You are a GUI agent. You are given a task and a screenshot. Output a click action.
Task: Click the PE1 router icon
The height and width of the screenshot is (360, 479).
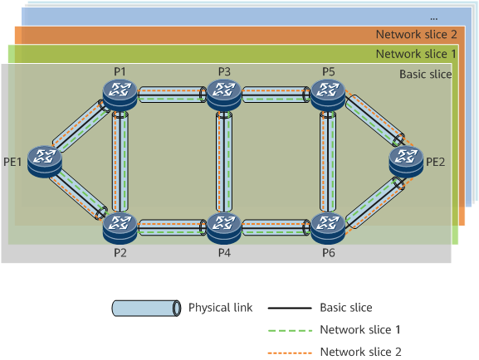[45, 162]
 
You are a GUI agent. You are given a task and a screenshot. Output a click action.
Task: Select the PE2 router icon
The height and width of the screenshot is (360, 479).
[406, 162]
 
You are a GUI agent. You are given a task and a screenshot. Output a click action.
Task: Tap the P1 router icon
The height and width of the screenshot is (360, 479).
[120, 95]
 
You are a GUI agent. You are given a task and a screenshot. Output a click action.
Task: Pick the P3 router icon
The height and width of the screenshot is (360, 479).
[224, 95]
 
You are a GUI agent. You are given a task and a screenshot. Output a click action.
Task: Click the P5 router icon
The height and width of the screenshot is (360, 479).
[328, 95]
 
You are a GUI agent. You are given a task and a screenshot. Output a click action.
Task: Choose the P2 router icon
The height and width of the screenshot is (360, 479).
[120, 228]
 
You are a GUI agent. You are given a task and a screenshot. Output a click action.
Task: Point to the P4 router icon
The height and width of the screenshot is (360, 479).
[224, 228]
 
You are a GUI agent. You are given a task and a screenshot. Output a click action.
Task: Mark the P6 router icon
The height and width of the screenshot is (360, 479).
[328, 228]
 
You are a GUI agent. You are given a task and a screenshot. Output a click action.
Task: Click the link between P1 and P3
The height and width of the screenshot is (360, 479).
[173, 95]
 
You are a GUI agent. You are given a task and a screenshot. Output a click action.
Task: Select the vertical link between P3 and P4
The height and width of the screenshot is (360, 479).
[224, 162]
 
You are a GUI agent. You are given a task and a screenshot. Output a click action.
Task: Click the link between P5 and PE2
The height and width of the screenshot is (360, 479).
[375, 120]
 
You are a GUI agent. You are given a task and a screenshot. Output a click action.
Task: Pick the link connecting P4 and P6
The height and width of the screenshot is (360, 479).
[276, 228]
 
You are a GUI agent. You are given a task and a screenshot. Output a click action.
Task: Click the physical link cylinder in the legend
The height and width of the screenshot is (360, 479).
[146, 309]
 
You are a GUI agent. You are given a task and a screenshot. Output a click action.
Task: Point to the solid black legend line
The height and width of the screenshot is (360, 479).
[290, 308]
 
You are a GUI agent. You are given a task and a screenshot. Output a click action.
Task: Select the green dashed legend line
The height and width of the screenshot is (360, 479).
[290, 330]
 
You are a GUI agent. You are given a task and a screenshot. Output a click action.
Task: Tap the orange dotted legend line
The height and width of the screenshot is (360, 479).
[290, 353]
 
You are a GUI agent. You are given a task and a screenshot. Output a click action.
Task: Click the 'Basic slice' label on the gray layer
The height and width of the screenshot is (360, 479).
[426, 74]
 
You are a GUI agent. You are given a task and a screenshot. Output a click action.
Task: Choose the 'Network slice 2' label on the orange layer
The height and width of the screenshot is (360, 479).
[417, 34]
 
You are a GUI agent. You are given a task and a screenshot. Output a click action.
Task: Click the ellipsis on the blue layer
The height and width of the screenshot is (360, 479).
[434, 19]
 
